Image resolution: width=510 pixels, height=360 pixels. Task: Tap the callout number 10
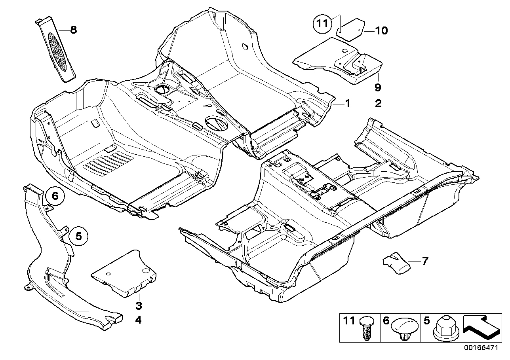tap(381, 30)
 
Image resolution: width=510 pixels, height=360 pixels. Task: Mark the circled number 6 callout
tap(55, 196)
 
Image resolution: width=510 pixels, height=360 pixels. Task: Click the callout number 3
tap(139, 306)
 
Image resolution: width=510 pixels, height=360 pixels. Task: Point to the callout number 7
tap(414, 261)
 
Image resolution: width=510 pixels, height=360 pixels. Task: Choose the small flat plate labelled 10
tap(350, 27)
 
